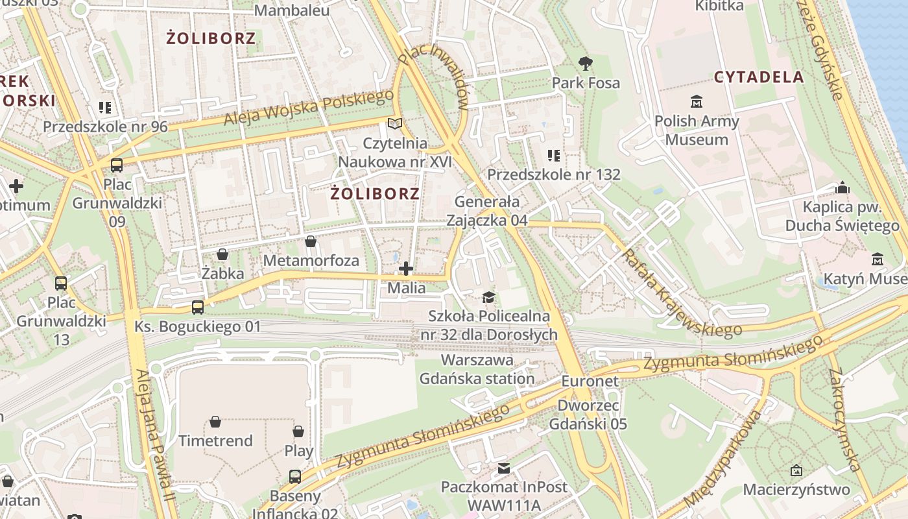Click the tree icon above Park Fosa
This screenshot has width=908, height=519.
(x=586, y=63)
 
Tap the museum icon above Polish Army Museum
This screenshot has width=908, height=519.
(x=697, y=101)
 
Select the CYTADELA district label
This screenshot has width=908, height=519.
(x=759, y=77)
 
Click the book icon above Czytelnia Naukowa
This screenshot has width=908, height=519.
(x=394, y=123)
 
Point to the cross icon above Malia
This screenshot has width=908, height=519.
(x=406, y=268)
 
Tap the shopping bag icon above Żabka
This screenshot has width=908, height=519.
(x=222, y=254)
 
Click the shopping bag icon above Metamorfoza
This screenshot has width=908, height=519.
(x=311, y=242)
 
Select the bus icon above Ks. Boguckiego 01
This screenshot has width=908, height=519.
(x=198, y=307)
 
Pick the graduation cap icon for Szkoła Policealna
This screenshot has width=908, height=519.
(x=488, y=297)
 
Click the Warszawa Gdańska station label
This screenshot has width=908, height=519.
(x=477, y=369)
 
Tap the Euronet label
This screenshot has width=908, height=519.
(x=590, y=381)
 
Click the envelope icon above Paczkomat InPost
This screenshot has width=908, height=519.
(x=503, y=468)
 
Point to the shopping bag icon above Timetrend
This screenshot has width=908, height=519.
(x=215, y=422)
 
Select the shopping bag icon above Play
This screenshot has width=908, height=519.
(x=298, y=431)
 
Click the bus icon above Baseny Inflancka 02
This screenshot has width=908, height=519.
(x=295, y=477)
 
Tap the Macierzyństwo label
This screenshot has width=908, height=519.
(x=796, y=489)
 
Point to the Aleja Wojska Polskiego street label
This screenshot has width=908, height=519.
(x=309, y=108)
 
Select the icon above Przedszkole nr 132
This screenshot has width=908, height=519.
(x=553, y=155)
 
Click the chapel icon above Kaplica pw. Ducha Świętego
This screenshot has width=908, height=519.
(x=842, y=188)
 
